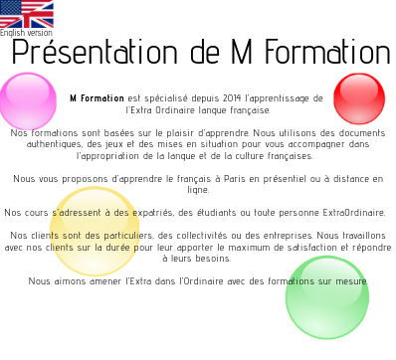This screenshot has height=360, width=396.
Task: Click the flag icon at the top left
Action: click(27, 13)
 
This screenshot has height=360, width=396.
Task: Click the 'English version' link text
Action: click(27, 33)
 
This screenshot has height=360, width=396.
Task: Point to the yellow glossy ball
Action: click(95, 232)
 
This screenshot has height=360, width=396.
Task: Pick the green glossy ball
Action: click(327, 296)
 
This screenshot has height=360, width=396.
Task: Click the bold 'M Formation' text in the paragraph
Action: click(97, 98)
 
